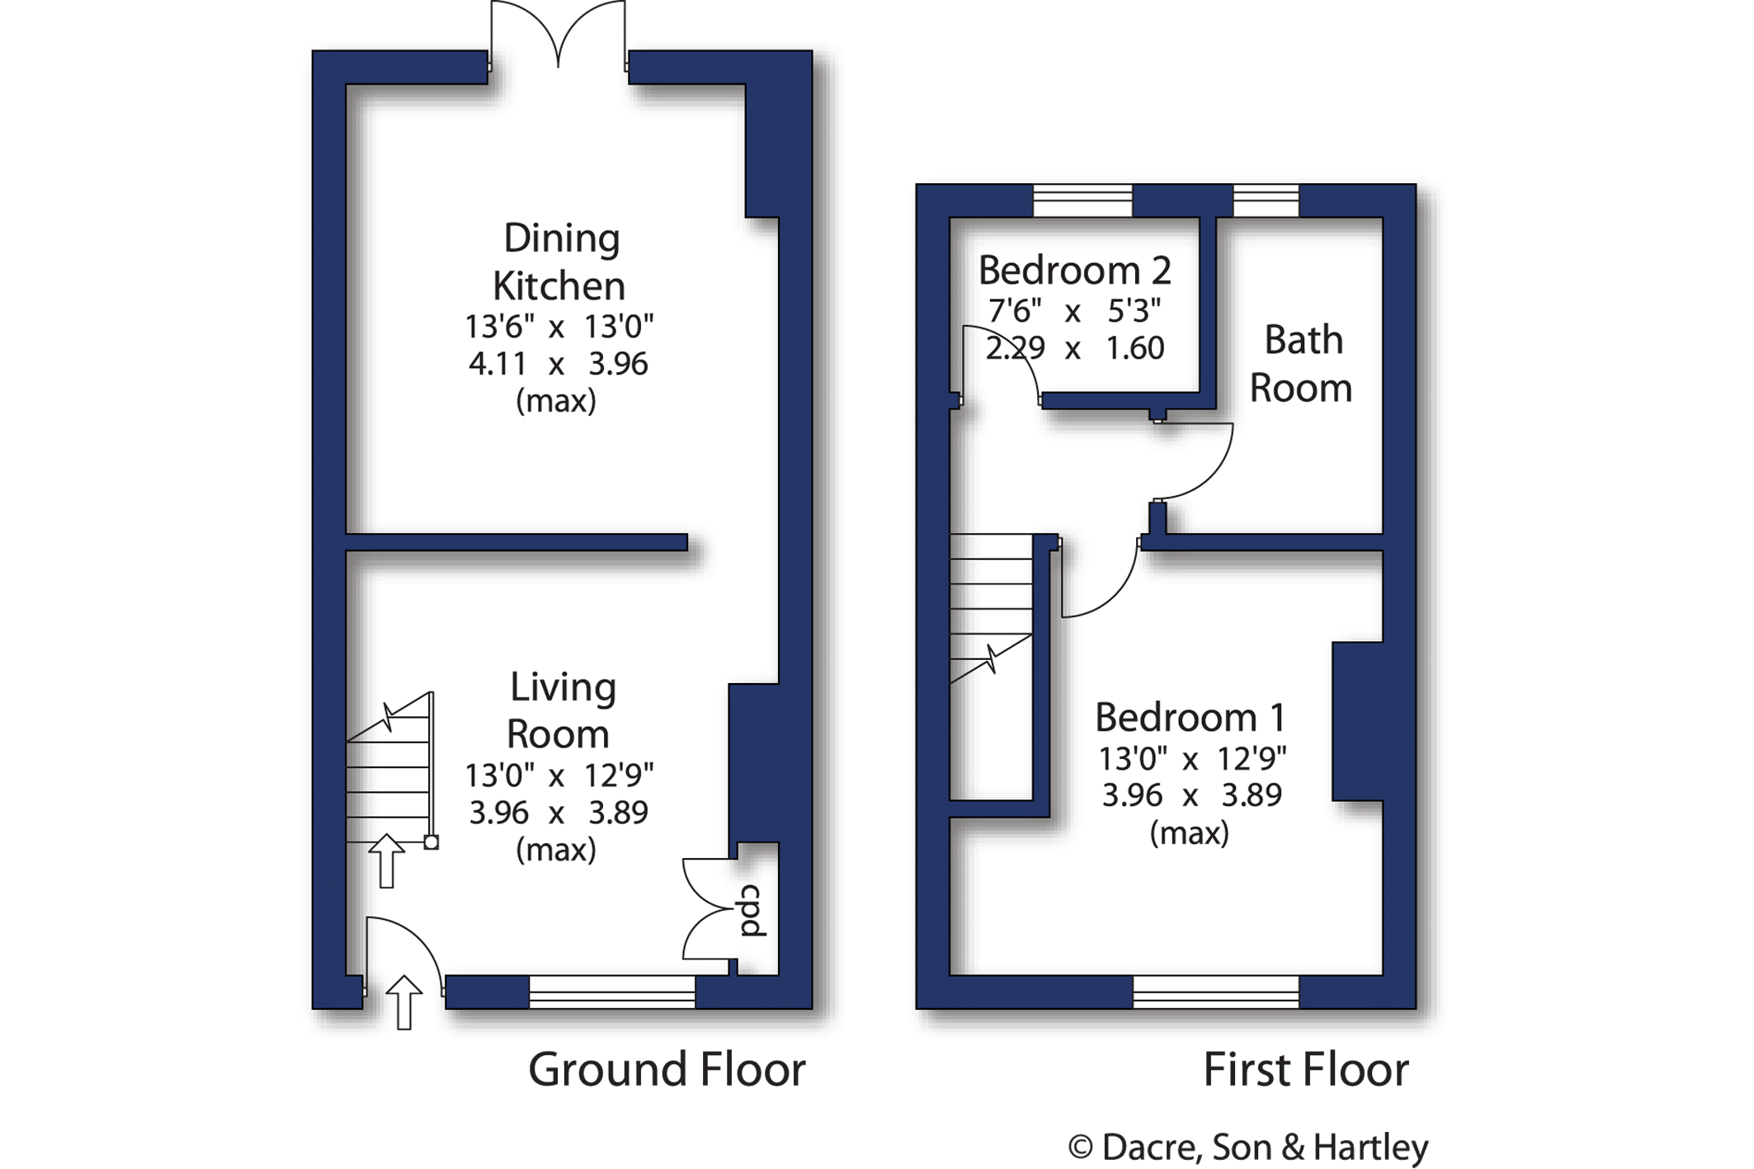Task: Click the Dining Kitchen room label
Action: click(560, 262)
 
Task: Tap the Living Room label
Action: click(561, 710)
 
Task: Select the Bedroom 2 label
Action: click(1074, 270)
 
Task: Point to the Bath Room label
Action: click(1301, 364)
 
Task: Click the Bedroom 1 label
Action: click(1190, 717)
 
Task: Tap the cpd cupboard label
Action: click(752, 911)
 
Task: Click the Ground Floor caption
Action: click(667, 1070)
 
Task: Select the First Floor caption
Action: click(1305, 1070)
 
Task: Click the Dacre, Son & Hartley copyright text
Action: click(1247, 1147)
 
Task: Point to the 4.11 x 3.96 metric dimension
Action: click(559, 364)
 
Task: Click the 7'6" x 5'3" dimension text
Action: click(1074, 311)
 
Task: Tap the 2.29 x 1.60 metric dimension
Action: click(1074, 348)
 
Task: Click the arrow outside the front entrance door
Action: click(403, 1002)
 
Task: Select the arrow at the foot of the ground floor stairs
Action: click(386, 861)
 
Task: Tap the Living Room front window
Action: click(611, 992)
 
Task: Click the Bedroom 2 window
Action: click(1082, 200)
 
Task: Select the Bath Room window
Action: click(1266, 200)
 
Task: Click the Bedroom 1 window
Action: click(1216, 992)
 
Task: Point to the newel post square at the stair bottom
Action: click(431, 842)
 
